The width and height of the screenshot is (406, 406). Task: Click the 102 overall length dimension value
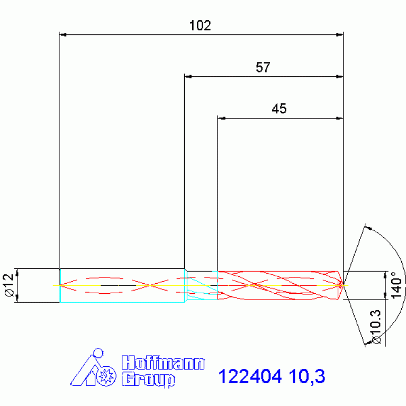coord(200,25)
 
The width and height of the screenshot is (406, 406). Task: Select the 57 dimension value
coord(263,67)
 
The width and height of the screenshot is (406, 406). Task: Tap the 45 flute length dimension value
coord(279,109)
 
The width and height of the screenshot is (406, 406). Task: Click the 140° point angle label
coord(393,285)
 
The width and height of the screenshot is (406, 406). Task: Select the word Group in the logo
coord(148,379)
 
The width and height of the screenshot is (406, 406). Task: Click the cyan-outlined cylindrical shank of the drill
coord(122,285)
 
